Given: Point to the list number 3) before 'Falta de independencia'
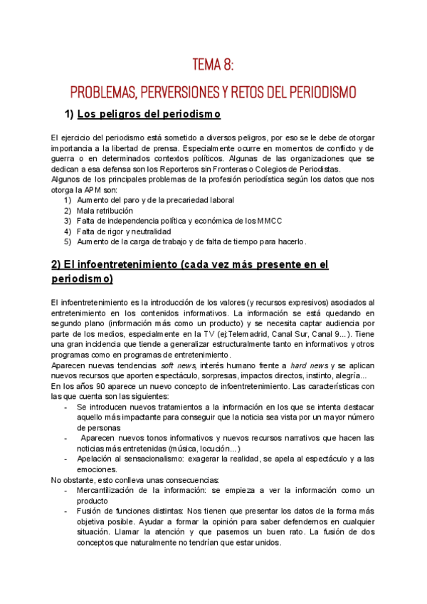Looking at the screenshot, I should (68, 221).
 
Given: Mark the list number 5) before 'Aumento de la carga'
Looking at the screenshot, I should (68, 241).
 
